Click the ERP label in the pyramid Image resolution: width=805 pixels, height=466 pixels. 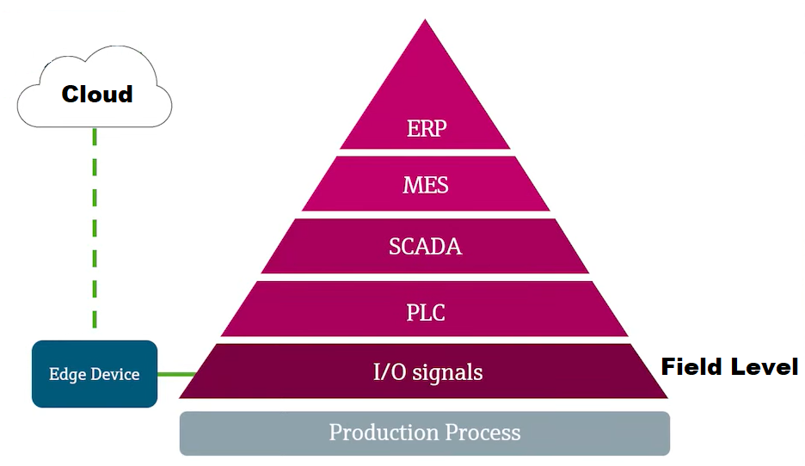(x=426, y=129)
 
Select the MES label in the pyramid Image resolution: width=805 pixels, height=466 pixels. (x=426, y=184)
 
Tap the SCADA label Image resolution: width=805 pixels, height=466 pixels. (x=425, y=247)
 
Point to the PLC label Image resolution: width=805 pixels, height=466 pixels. (x=426, y=311)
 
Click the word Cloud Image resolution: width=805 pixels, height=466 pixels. (x=97, y=94)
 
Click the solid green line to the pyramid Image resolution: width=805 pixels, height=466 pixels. (x=175, y=374)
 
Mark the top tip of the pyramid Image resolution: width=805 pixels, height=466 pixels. (x=425, y=21)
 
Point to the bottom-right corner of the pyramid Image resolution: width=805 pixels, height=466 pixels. (x=667, y=397)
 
